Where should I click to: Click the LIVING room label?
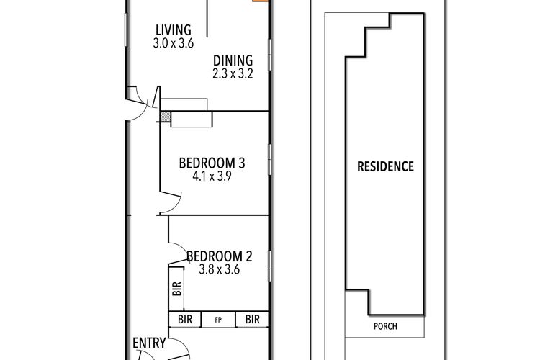174,30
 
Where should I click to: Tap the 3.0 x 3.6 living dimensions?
174,43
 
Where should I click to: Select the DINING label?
233,60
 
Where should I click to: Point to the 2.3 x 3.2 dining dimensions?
233,73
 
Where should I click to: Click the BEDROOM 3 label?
212,163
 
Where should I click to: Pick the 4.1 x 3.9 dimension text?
212,176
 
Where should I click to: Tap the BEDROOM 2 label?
220,256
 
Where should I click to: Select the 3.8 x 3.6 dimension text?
220,269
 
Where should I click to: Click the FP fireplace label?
218,320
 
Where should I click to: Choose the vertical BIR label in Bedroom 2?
176,289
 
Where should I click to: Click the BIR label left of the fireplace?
185,320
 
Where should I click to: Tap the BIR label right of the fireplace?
253,320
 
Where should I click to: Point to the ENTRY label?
149,343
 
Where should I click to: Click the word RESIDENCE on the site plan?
385,167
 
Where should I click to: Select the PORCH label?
385,326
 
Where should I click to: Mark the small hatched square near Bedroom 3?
166,117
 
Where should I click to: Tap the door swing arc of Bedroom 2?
181,247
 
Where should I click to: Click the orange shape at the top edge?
261,1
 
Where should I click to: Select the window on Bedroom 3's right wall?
270,160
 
